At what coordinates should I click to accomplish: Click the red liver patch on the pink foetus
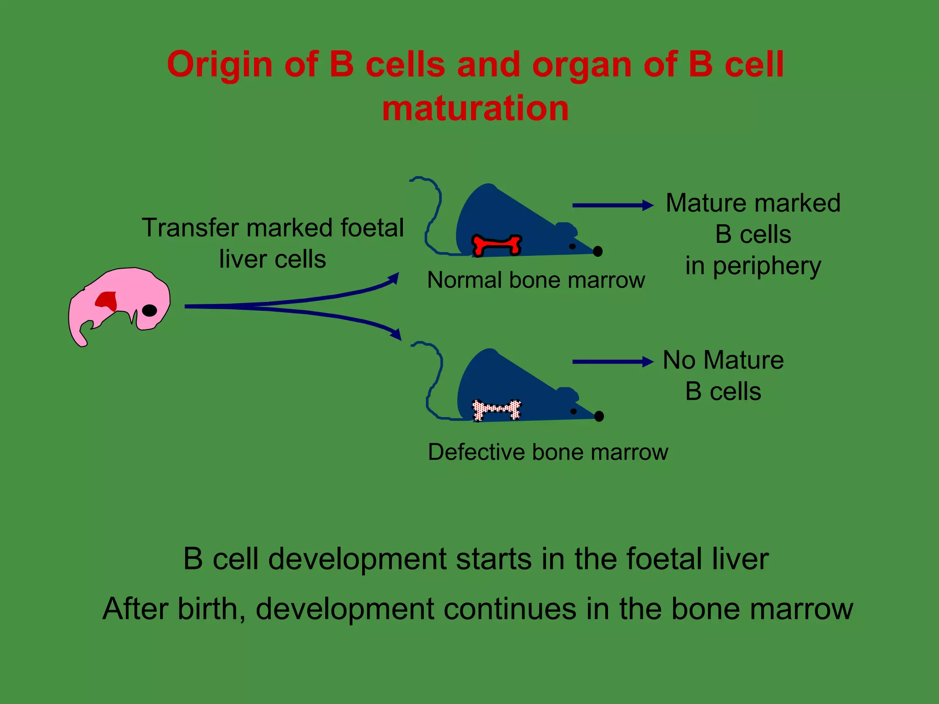[107, 301]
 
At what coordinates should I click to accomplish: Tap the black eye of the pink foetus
[149, 310]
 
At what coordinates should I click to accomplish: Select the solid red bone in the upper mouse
[497, 245]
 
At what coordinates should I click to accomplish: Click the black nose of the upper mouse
[597, 251]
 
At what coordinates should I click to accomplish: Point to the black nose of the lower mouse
[599, 416]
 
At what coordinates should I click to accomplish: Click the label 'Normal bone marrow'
[536, 280]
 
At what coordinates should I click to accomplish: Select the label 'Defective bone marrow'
[547, 452]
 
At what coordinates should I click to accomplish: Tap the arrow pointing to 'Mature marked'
[613, 205]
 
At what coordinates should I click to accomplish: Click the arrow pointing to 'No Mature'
[613, 362]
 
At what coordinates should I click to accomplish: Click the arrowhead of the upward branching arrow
[394, 278]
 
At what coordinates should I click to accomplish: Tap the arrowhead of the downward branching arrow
[396, 334]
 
